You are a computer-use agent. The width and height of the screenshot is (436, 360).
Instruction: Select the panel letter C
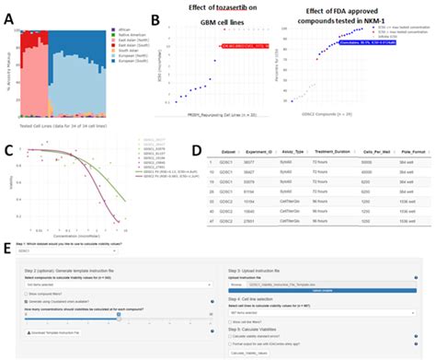pos(8,152)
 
